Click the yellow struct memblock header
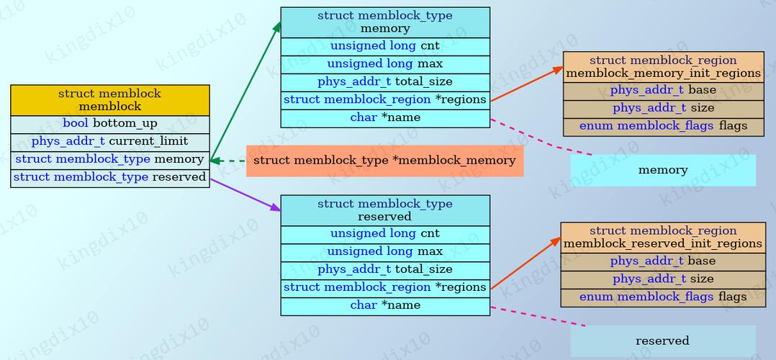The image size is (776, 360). click(109, 100)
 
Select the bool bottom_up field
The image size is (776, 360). click(109, 124)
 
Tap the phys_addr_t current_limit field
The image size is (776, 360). click(109, 141)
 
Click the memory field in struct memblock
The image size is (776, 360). click(109, 159)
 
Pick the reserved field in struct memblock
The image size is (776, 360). click(109, 177)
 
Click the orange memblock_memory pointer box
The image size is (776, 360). click(384, 161)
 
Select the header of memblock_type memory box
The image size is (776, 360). click(384, 22)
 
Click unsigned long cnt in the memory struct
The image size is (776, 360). click(384, 46)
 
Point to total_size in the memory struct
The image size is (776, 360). click(384, 82)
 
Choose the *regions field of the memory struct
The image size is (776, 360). click(384, 100)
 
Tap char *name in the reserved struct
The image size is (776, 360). click(384, 305)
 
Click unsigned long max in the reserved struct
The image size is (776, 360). click(384, 251)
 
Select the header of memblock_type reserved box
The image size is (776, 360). click(384, 210)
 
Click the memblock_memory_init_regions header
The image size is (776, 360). click(662, 67)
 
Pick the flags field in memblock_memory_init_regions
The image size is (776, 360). click(662, 126)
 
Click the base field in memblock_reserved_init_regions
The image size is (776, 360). click(662, 261)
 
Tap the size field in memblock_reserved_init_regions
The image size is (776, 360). click(662, 279)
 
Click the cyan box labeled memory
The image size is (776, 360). click(662, 171)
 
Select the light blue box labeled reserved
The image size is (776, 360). click(662, 341)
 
